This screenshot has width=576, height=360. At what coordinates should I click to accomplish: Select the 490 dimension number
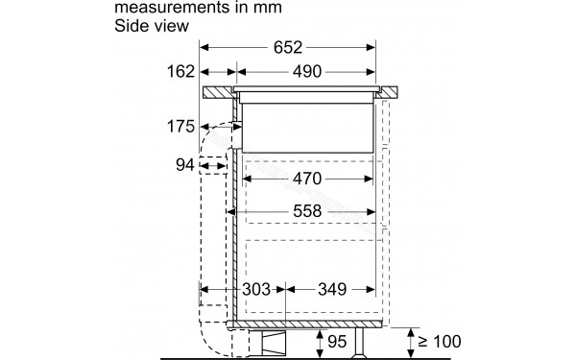pyautogui.click(x=306, y=72)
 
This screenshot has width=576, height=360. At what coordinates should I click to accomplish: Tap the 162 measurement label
pyautogui.click(x=180, y=72)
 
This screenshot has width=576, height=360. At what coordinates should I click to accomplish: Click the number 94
pyautogui.click(x=185, y=165)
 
